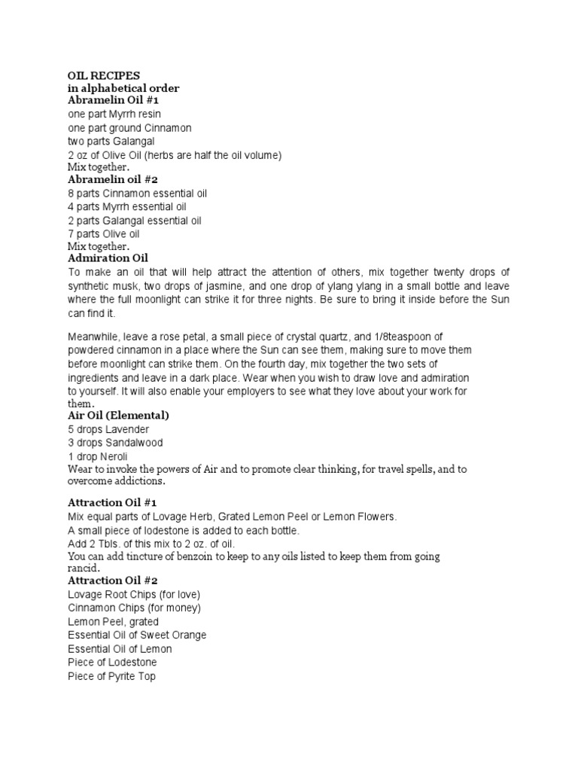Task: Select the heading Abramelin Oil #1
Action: (113, 100)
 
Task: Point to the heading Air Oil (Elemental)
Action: (118, 416)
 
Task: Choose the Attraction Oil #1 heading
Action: (112, 502)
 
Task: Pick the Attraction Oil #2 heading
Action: (112, 581)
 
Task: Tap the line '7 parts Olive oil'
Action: (104, 234)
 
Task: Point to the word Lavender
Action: (129, 429)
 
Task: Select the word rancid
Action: (83, 568)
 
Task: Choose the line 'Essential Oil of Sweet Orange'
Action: (137, 635)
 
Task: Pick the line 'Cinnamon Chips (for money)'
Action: (135, 608)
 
